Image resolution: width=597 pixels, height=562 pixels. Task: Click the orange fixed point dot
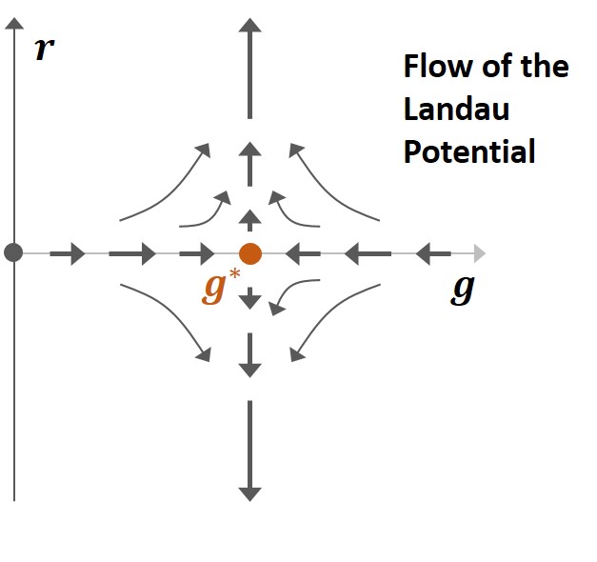pyautogui.click(x=249, y=253)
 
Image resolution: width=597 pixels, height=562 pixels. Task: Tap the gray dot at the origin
pyautogui.click(x=13, y=253)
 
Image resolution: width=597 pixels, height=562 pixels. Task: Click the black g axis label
pyautogui.click(x=462, y=290)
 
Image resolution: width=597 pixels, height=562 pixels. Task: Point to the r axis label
pyautogui.click(x=43, y=50)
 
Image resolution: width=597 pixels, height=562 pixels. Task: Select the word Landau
pyautogui.click(x=456, y=110)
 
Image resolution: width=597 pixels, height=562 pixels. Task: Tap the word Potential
pyautogui.click(x=469, y=151)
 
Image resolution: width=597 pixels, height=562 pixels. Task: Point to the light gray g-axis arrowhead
pyautogui.click(x=479, y=253)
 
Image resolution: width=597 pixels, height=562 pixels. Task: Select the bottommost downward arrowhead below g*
pyautogui.click(x=249, y=492)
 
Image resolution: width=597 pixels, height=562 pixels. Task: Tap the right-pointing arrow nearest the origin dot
pyautogui.click(x=68, y=253)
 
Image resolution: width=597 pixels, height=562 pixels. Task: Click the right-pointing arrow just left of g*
pyautogui.click(x=198, y=253)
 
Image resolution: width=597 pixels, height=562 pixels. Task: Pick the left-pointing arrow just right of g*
pyautogui.click(x=301, y=253)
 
